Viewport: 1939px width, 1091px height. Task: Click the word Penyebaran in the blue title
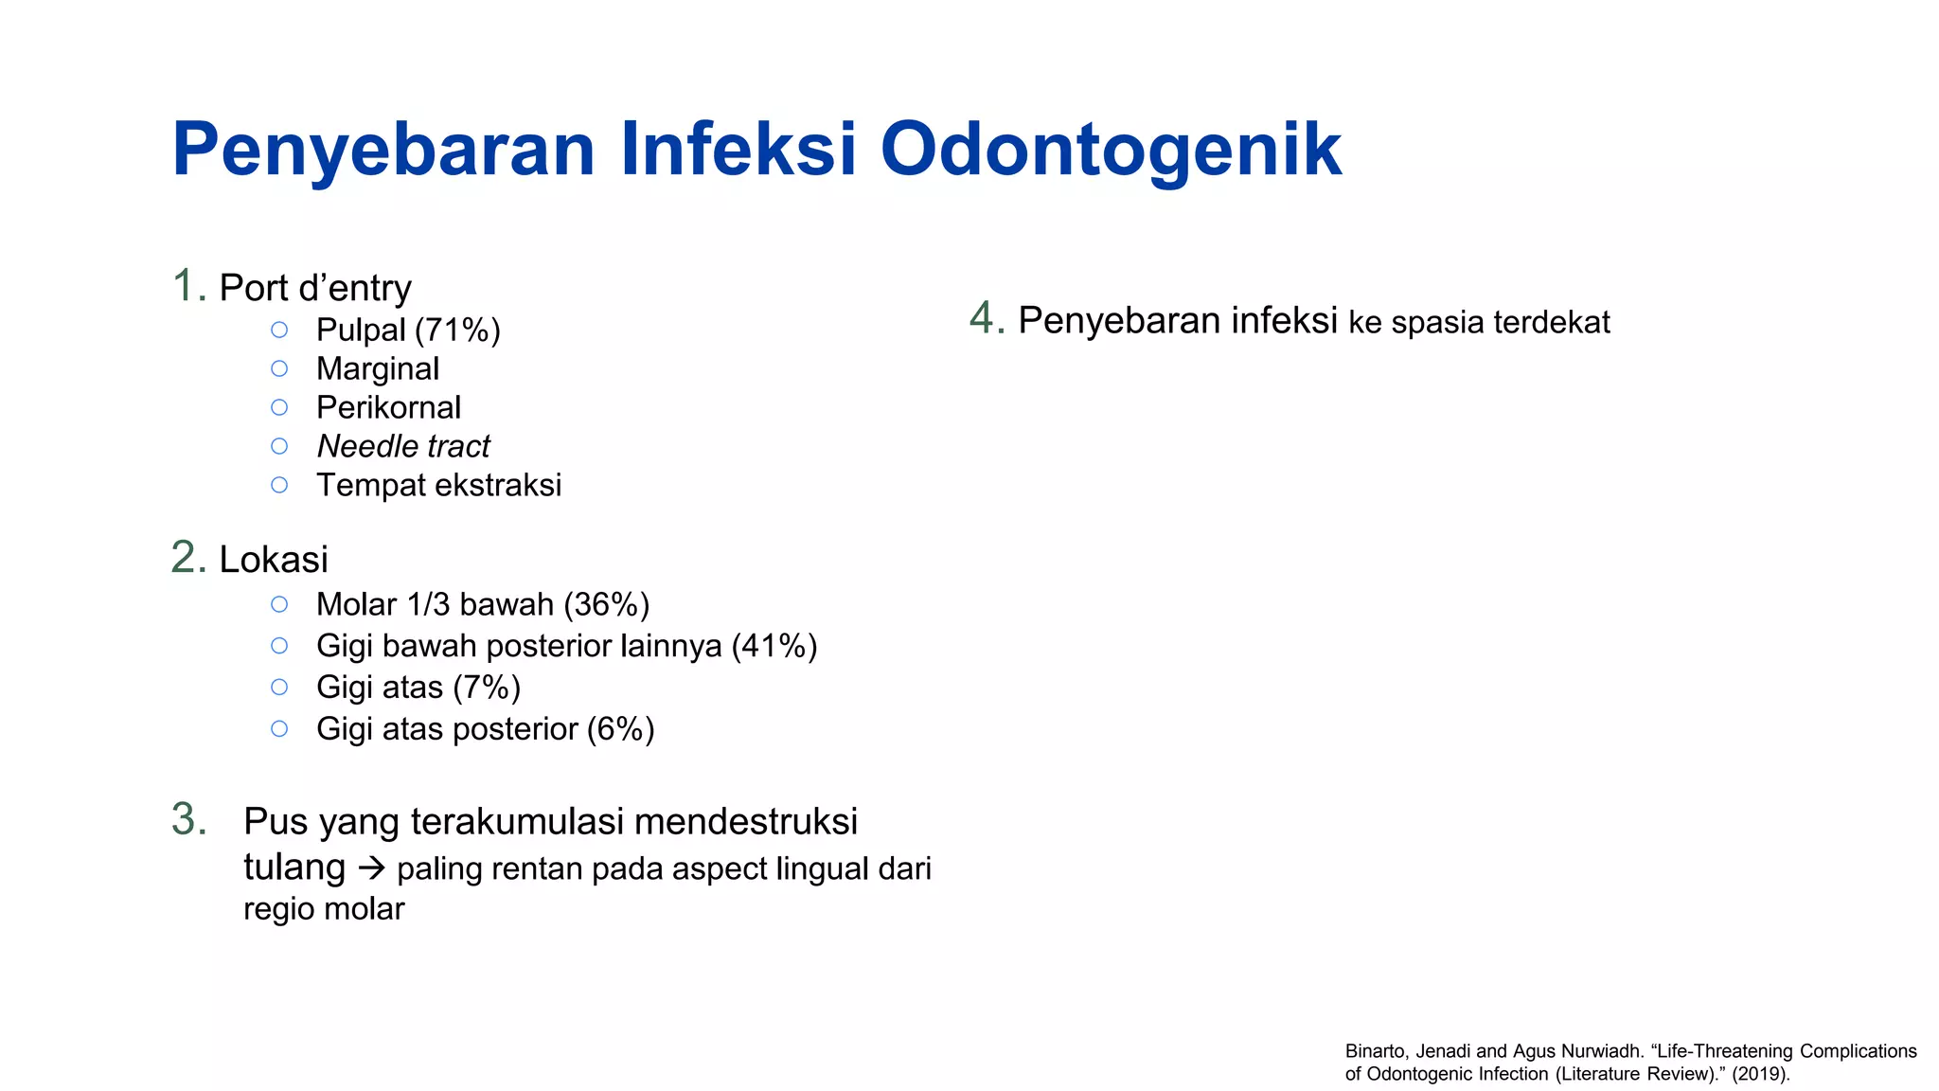coord(383,150)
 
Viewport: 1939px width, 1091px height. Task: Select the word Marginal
coord(378,368)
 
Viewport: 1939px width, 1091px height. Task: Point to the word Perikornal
coord(388,407)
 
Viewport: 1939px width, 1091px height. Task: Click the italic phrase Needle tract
coord(403,446)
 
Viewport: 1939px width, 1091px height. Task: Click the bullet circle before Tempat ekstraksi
coord(279,485)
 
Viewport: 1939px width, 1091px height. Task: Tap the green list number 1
coord(187,286)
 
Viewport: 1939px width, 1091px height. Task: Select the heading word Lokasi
coord(274,560)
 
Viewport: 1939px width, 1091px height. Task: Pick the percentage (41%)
coord(774,646)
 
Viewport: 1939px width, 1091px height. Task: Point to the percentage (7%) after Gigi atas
coord(487,688)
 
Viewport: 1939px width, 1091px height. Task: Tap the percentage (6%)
coord(620,729)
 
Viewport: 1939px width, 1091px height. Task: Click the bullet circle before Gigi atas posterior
coord(279,729)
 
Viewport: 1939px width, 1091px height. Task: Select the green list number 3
coord(188,819)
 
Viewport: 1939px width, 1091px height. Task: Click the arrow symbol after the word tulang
coord(372,867)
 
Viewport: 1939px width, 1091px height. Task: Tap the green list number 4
coord(986,318)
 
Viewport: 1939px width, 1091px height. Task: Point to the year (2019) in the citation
coord(1760,1074)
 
